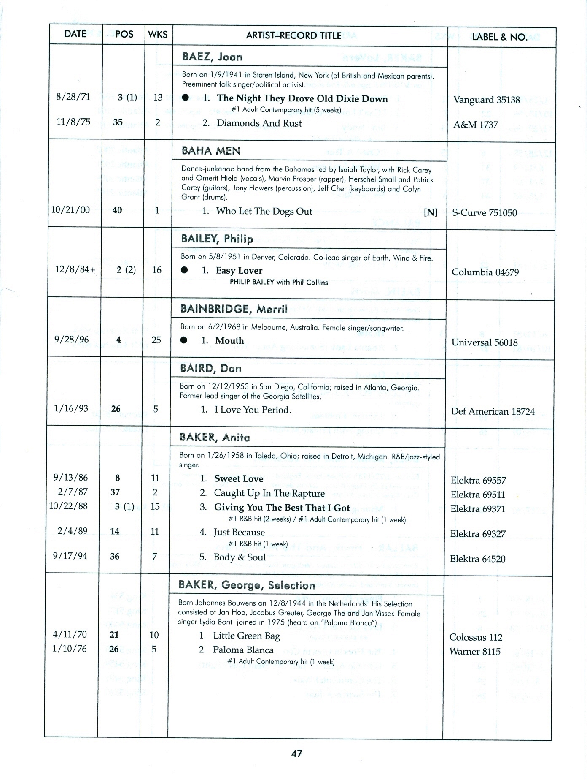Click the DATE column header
coord(75,34)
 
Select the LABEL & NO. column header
coord(499,37)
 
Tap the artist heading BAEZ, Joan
coord(212,57)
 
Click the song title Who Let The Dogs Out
coord(264,211)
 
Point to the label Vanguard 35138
coord(487,100)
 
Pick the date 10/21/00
coord(70,210)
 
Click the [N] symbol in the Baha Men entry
coord(431,212)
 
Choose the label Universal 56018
coord(485,342)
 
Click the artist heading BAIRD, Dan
coord(211,369)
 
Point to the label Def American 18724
coord(493,411)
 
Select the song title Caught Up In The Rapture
coord(269,493)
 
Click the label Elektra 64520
coord(478,559)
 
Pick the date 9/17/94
coord(70,556)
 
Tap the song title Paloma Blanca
coord(243,650)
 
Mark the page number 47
coord(297,753)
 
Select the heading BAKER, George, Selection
coord(247,585)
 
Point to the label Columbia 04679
coord(485,272)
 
